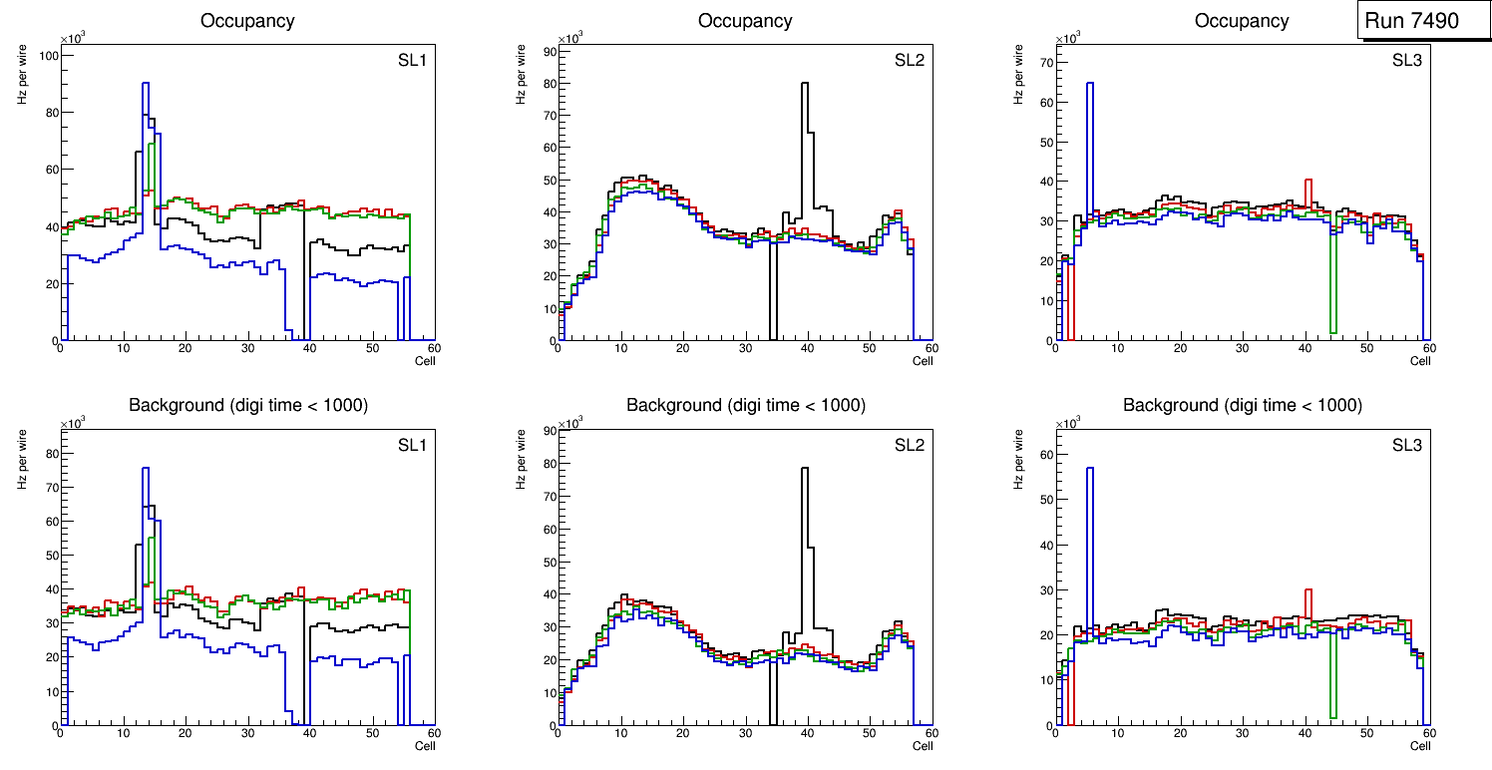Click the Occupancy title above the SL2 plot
[745, 21]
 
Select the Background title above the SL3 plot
[1242, 406]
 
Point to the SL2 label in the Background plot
[909, 445]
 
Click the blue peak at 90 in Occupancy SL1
[146, 85]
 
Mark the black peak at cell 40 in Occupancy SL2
[805, 85]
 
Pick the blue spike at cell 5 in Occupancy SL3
[1090, 85]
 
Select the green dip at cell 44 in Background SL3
[1332, 716]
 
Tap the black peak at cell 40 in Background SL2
[805, 469]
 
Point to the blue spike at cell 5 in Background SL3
[1090, 469]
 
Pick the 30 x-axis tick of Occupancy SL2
[744, 349]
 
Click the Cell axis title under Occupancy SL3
[1420, 361]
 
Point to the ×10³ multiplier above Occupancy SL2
[569, 39]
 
